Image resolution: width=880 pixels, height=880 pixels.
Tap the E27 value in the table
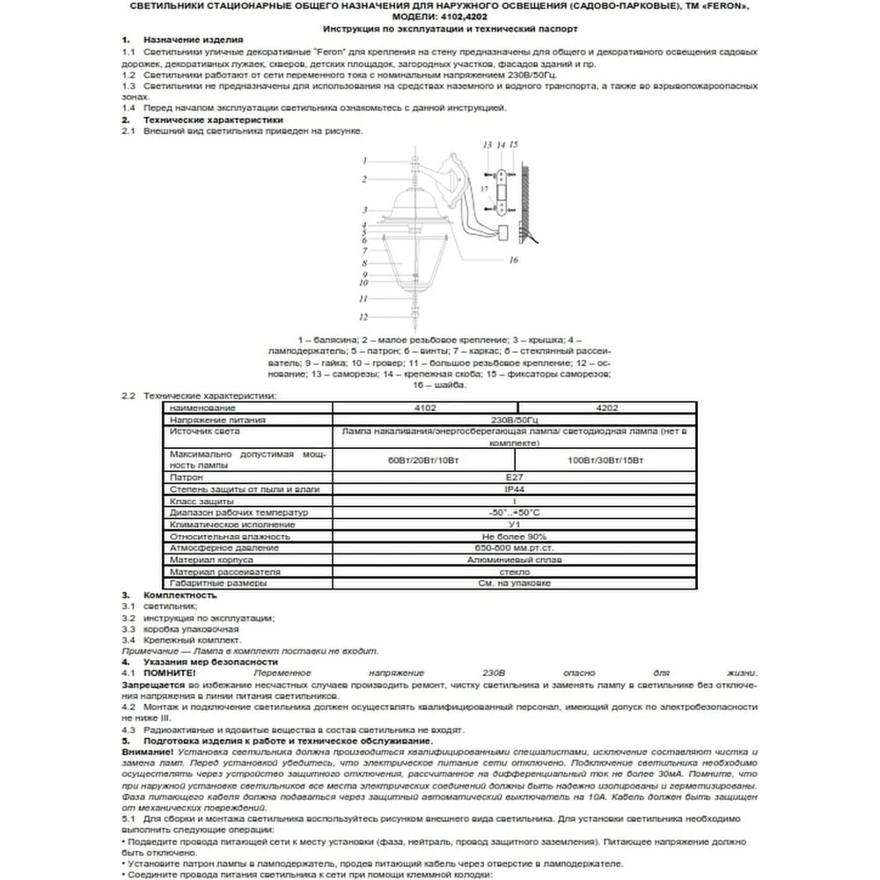(x=515, y=478)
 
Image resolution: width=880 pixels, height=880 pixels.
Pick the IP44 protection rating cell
(x=515, y=489)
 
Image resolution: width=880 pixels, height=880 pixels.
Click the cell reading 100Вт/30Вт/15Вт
(x=606, y=460)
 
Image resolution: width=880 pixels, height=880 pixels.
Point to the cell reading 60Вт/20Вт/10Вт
(x=424, y=460)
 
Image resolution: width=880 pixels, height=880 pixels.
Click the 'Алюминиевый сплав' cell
(x=515, y=560)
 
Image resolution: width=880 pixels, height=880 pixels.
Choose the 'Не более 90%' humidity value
(x=515, y=536)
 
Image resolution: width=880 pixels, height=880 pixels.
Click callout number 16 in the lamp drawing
(x=513, y=260)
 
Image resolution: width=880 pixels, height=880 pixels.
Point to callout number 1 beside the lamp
(x=363, y=160)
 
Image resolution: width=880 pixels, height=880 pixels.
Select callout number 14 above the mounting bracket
(x=500, y=143)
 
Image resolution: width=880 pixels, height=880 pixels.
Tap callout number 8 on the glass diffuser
(x=363, y=263)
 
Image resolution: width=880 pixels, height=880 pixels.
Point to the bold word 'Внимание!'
(x=147, y=753)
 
